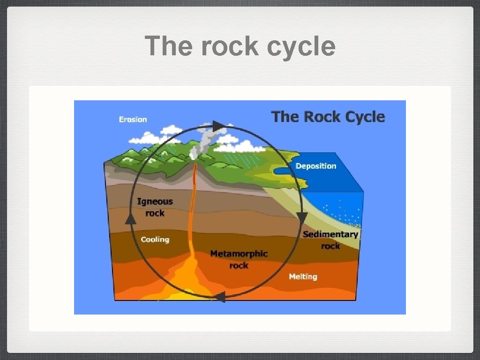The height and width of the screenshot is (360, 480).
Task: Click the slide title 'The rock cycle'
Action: pos(240,46)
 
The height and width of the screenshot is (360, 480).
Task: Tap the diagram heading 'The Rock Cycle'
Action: pos(328,117)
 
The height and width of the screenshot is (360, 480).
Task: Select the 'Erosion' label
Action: pos(133,120)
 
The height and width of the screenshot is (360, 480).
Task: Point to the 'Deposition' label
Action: pos(315,166)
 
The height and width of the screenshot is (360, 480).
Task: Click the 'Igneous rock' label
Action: pos(155,207)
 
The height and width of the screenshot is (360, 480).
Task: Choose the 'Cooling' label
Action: pos(155,240)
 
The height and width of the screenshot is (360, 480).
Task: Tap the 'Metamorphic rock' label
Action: pos(239,259)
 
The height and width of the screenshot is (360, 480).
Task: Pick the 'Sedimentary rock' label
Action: pos(330,240)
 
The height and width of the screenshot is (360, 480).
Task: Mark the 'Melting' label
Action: pos(303,277)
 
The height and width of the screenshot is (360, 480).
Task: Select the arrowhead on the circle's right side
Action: pos(302,218)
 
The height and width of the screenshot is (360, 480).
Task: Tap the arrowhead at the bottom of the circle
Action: pos(219,296)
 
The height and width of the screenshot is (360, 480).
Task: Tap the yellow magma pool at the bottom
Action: pos(187,281)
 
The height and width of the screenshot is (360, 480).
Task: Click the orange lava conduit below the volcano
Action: pos(192,211)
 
